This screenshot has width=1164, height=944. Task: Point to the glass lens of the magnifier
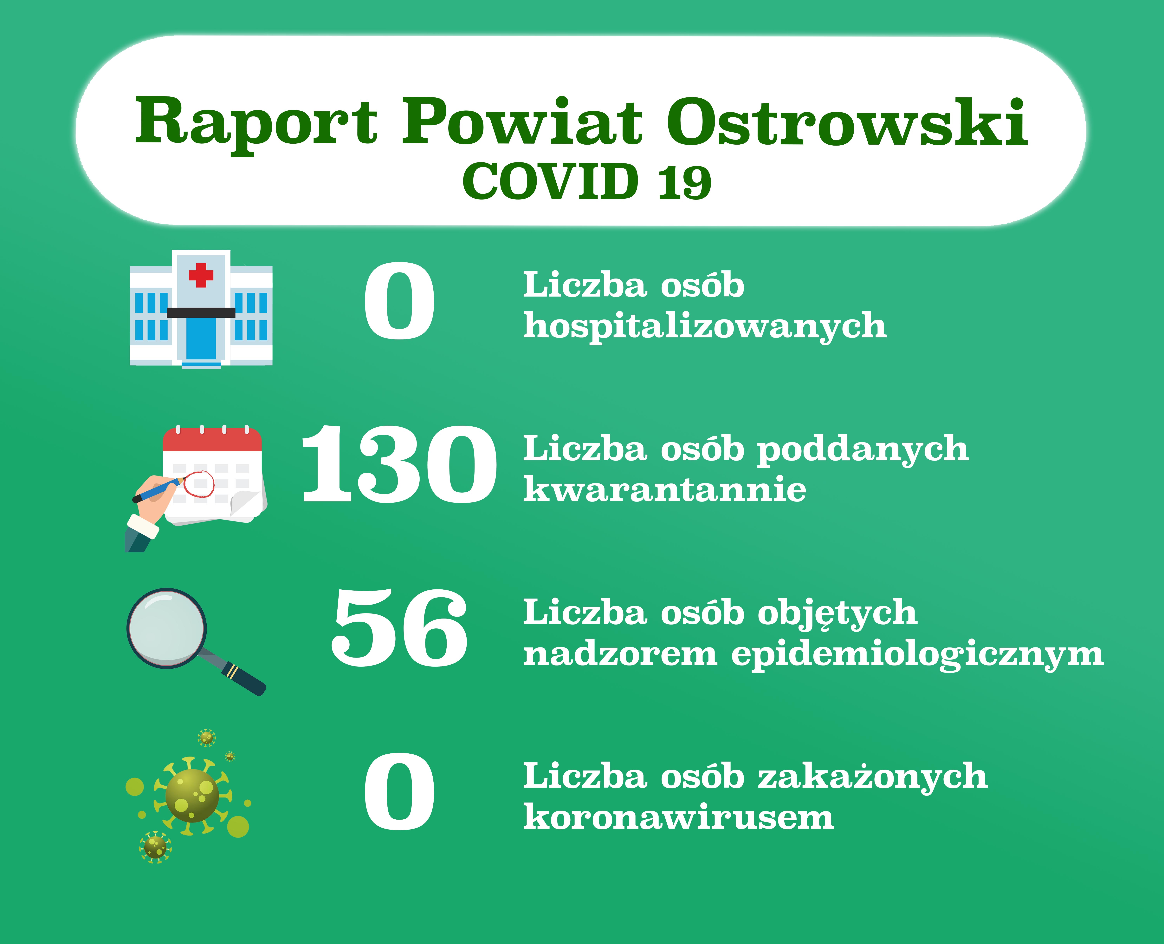(x=167, y=628)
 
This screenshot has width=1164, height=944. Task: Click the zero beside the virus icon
(x=399, y=792)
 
